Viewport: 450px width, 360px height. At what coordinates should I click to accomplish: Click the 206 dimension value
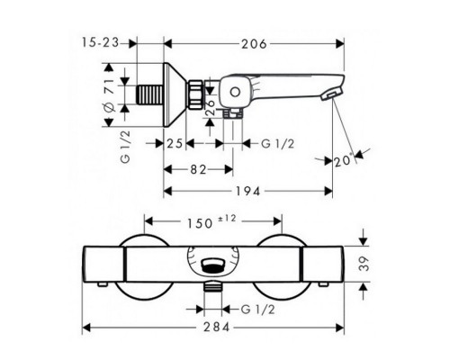tap(254, 44)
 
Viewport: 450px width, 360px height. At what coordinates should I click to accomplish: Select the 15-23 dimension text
tap(100, 42)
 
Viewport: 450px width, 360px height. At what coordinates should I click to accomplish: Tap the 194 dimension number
tap(248, 191)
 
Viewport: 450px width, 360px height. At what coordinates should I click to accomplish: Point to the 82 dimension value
tap(198, 170)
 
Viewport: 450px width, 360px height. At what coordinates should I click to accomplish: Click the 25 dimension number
tap(175, 144)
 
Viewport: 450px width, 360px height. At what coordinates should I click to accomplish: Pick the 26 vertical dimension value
tap(211, 107)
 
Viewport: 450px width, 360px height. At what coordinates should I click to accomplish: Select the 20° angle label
tap(343, 161)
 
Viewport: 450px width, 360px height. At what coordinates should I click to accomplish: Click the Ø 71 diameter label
tap(109, 95)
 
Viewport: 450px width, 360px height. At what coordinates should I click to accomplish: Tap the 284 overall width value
tap(217, 327)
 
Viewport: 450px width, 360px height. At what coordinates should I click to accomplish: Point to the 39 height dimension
tap(364, 264)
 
